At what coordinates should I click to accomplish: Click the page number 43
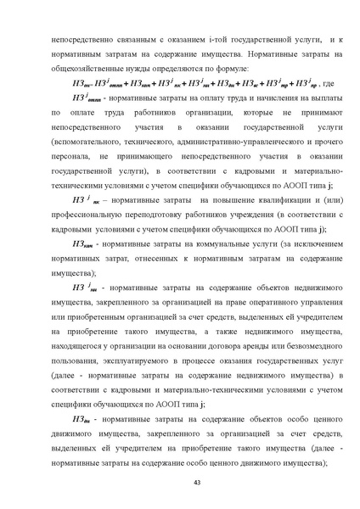pyautogui.click(x=180, y=484)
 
